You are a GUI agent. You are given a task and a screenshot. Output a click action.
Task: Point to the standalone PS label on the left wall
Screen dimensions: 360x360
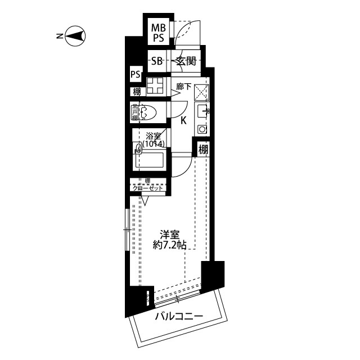[x=135, y=74]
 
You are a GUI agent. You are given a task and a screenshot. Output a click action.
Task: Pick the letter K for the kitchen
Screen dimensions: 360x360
[x=183, y=120]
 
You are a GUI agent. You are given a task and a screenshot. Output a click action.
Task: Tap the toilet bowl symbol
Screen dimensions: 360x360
[x=147, y=113]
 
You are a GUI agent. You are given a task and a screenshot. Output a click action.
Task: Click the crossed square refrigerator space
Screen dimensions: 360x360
[x=202, y=92]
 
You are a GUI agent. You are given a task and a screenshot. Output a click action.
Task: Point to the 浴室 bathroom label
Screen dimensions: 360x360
[x=153, y=136]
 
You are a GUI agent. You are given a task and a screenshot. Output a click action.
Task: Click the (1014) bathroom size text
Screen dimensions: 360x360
[x=153, y=145]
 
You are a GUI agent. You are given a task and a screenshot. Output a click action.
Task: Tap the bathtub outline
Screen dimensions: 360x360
[x=149, y=161]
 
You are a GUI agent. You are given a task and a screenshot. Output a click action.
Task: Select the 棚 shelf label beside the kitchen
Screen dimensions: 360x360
[x=203, y=149]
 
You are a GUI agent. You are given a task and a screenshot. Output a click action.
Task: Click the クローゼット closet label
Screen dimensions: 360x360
[x=147, y=188]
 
